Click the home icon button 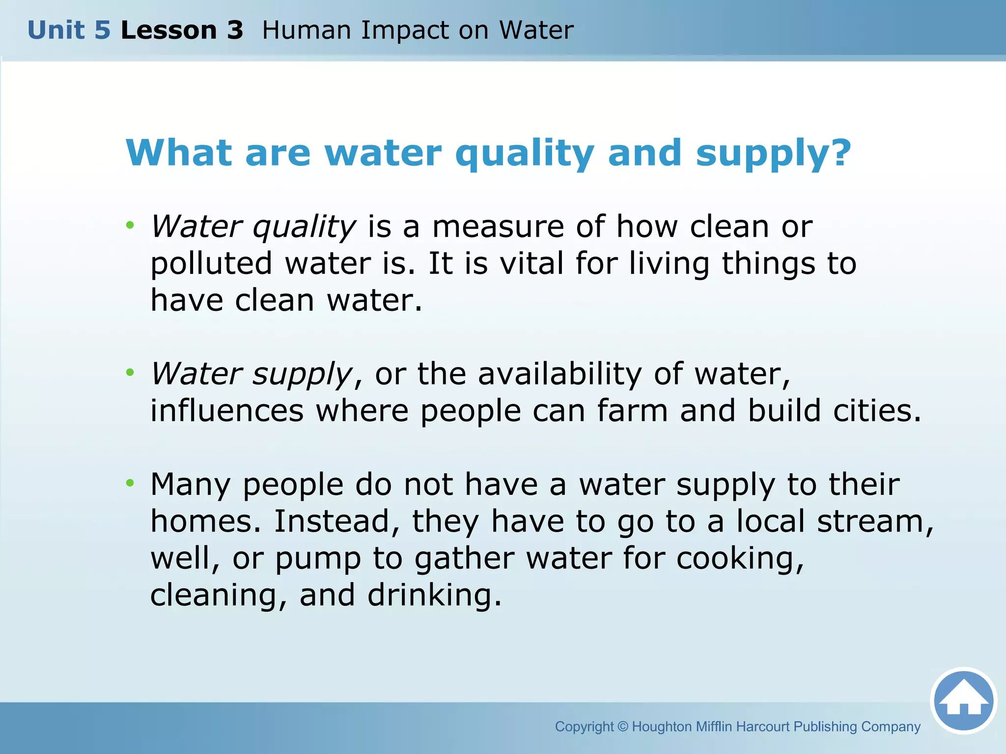(x=963, y=700)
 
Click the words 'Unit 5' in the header (x=69, y=30)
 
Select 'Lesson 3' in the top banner (x=182, y=30)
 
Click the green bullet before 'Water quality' (x=130, y=225)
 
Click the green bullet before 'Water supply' (x=130, y=373)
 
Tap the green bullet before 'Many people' (x=130, y=483)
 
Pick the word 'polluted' (x=211, y=264)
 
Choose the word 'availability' (x=559, y=374)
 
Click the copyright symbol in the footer (x=622, y=727)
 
